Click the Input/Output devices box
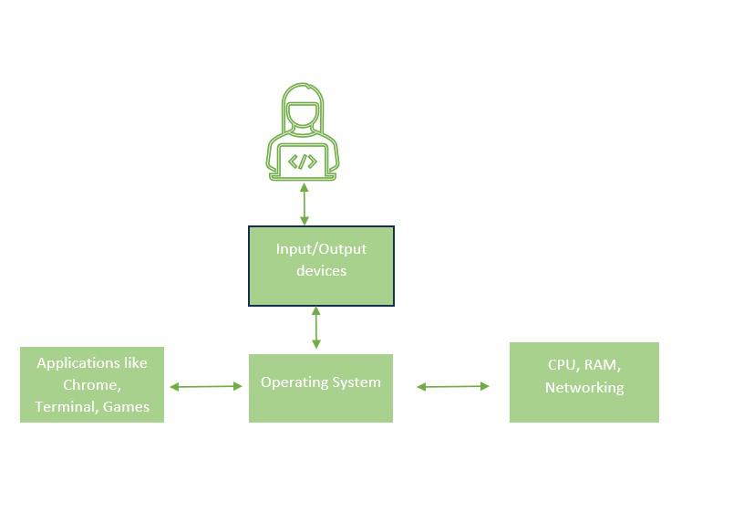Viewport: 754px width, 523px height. tap(321, 266)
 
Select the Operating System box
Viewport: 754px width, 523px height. tap(321, 388)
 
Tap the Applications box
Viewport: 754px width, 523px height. tap(92, 384)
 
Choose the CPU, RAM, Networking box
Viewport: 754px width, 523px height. tap(584, 382)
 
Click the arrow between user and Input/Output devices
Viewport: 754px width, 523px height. tap(305, 204)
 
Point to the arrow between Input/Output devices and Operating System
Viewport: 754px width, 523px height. tap(316, 328)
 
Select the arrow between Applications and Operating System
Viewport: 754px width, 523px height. tap(206, 387)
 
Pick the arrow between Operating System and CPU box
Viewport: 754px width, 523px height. tap(453, 387)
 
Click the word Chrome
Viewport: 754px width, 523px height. tap(92, 385)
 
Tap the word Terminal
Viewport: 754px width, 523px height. tap(65, 407)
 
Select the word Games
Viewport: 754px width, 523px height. tap(126, 407)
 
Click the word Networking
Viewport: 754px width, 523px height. tap(584, 387)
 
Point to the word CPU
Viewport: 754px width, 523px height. tap(562, 364)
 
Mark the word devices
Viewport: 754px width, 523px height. tap(321, 271)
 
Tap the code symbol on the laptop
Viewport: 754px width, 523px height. tap(303, 162)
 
